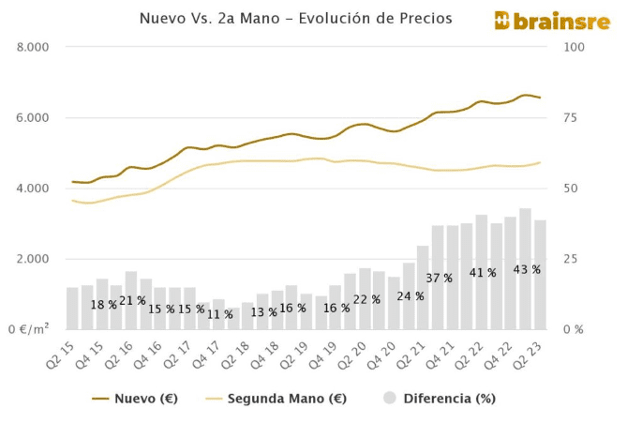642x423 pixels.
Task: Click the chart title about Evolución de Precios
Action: (295, 18)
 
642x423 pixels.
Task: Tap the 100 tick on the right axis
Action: (575, 47)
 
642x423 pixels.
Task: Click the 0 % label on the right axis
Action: (573, 329)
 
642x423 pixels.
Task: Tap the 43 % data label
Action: (527, 270)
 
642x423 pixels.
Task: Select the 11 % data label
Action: (219, 314)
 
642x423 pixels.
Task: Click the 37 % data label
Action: (439, 279)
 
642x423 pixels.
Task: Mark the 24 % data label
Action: (410, 296)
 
